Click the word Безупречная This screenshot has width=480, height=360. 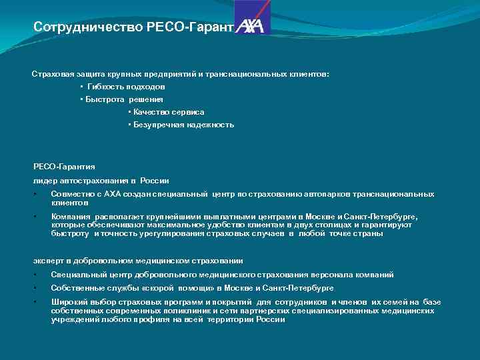[157, 125]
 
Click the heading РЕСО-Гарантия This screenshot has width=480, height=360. [64, 167]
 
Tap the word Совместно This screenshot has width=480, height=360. [71, 194]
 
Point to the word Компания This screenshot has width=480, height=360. [70, 217]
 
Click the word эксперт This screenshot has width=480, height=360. [47, 261]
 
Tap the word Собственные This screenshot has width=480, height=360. [77, 288]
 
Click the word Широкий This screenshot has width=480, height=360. [67, 303]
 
